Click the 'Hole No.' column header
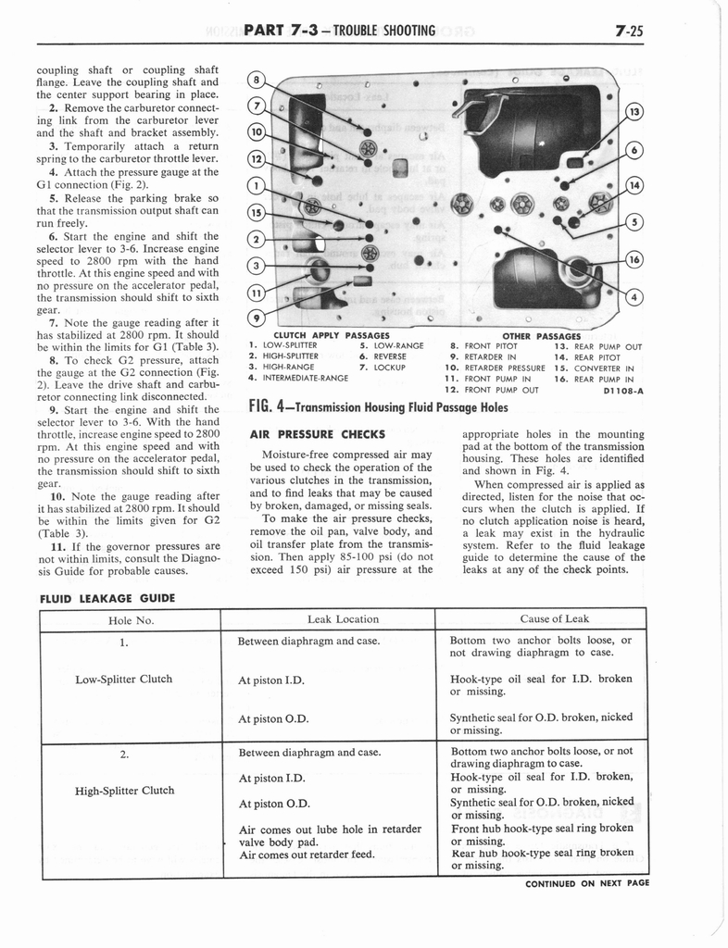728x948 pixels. (130, 619)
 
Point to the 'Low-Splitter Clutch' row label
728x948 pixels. (123, 679)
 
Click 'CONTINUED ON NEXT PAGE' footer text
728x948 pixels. (586, 882)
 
